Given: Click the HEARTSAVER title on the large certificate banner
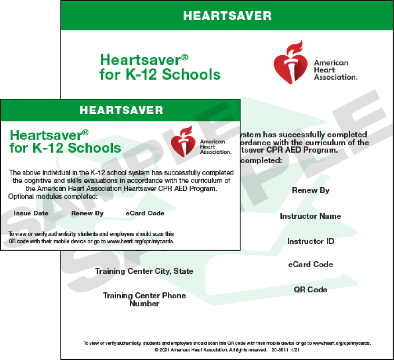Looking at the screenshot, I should [227, 16].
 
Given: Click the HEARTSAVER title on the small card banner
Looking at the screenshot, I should [121, 110].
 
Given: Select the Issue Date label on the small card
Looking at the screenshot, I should [31, 213].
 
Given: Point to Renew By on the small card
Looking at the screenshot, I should [87, 213].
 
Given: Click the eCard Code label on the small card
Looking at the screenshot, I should [145, 213].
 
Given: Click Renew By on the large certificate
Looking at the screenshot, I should [311, 190].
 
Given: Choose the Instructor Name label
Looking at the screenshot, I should [310, 216].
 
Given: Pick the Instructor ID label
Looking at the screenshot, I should [311, 242].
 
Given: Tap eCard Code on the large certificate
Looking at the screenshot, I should [311, 265].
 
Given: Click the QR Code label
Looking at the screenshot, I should [311, 290].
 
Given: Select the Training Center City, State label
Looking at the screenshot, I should [144, 271].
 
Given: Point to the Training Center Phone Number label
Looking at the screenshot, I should [144, 300].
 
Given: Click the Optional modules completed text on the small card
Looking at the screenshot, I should [53, 197].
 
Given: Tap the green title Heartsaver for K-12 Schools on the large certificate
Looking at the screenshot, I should [160, 67].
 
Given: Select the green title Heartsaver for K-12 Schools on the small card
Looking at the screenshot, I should [65, 141].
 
